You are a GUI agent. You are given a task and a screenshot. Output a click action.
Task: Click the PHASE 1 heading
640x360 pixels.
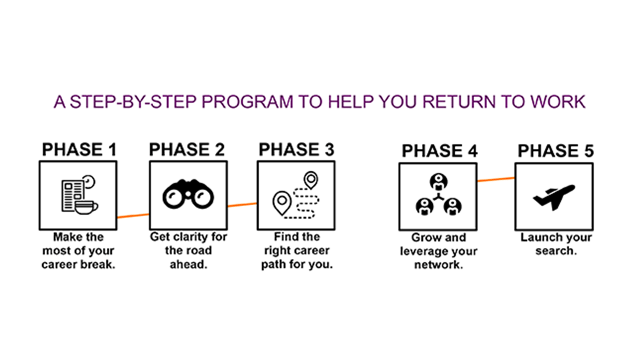(x=79, y=149)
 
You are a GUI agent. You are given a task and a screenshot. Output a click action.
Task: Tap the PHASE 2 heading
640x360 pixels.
(x=187, y=149)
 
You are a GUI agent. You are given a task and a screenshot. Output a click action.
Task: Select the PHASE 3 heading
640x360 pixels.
(x=296, y=149)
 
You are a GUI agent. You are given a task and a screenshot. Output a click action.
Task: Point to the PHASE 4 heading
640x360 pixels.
(x=439, y=151)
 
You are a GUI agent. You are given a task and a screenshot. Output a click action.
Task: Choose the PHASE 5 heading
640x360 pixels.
(x=555, y=151)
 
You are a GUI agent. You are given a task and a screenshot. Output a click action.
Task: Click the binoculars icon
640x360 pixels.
(x=188, y=195)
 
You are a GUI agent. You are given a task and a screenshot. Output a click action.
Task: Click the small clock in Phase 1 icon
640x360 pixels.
(x=89, y=181)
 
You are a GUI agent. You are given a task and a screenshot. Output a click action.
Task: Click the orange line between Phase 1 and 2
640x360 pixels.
(x=133, y=215)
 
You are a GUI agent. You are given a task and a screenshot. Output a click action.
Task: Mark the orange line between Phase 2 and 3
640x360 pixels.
(x=242, y=204)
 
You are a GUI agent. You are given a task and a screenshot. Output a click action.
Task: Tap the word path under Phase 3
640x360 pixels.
(x=273, y=264)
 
